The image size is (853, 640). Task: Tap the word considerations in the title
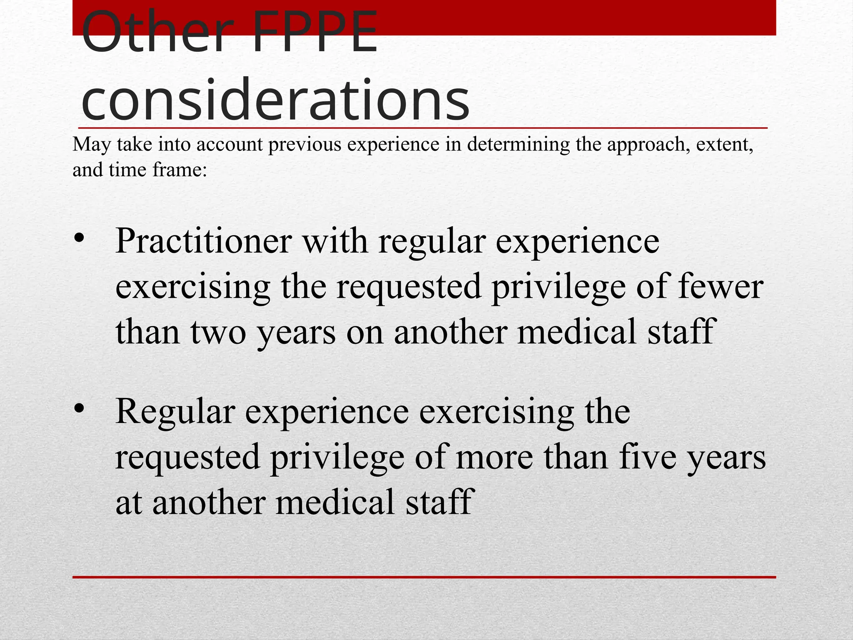click(x=275, y=100)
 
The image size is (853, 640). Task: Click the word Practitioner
click(x=204, y=241)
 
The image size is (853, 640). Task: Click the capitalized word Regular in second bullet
click(x=175, y=412)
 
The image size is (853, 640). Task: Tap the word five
click(x=647, y=457)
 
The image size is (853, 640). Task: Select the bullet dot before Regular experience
click(x=79, y=409)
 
